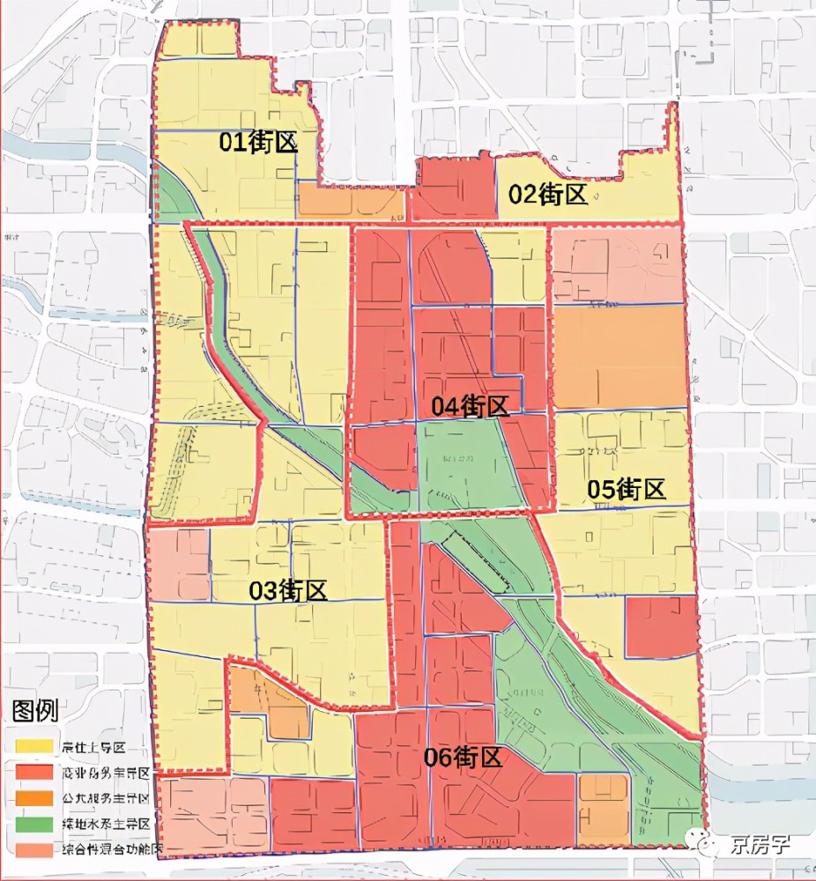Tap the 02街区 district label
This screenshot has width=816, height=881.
point(549,194)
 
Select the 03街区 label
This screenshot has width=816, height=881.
point(289,590)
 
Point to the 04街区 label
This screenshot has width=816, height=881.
point(471,406)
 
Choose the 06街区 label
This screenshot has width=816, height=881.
point(464,757)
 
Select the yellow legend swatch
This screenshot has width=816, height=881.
point(33,747)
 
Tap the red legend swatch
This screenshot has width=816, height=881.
point(33,773)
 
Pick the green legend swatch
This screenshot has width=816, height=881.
point(33,825)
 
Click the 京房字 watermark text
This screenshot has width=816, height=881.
point(760,846)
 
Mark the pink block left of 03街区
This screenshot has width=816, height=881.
point(179,564)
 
